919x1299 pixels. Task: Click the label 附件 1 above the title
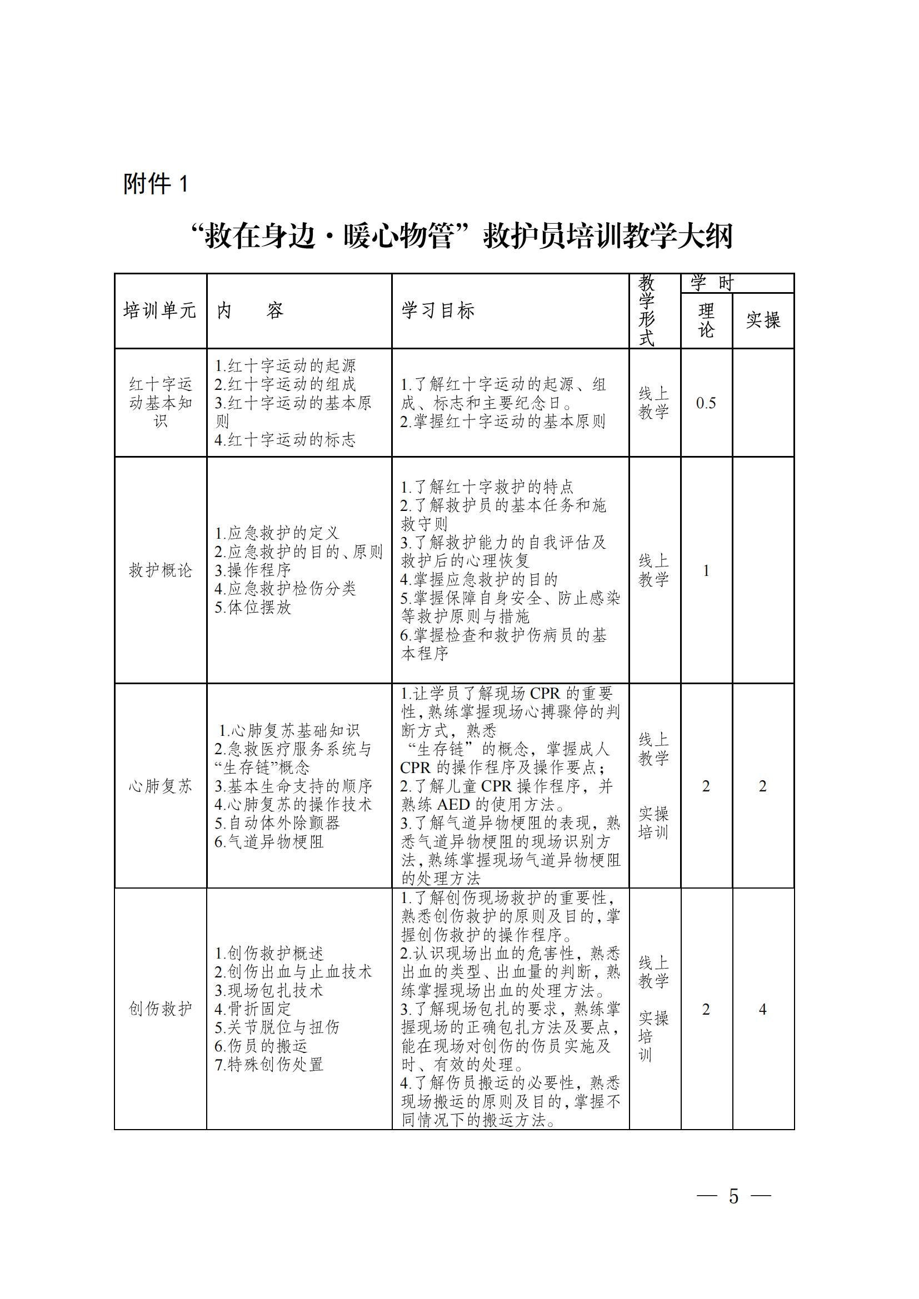tap(156, 184)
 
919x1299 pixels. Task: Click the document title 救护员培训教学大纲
tap(462, 237)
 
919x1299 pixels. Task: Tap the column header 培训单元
tap(160, 310)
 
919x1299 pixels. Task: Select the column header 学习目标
tap(438, 310)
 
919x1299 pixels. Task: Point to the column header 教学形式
tap(647, 310)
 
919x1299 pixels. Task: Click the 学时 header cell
tap(712, 283)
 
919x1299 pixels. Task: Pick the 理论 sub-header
tap(706, 320)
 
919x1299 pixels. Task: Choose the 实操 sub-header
tap(763, 320)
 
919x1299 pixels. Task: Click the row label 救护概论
tap(161, 570)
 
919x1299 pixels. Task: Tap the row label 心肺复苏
tap(161, 786)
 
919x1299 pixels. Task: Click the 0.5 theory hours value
tap(706, 403)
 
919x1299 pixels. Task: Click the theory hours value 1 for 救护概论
tap(706, 570)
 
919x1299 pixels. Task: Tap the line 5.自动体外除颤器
tap(277, 823)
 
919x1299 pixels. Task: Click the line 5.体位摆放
tap(253, 608)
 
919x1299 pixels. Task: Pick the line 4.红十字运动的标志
tap(285, 440)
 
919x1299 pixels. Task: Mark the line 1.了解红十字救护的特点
tap(487, 487)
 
